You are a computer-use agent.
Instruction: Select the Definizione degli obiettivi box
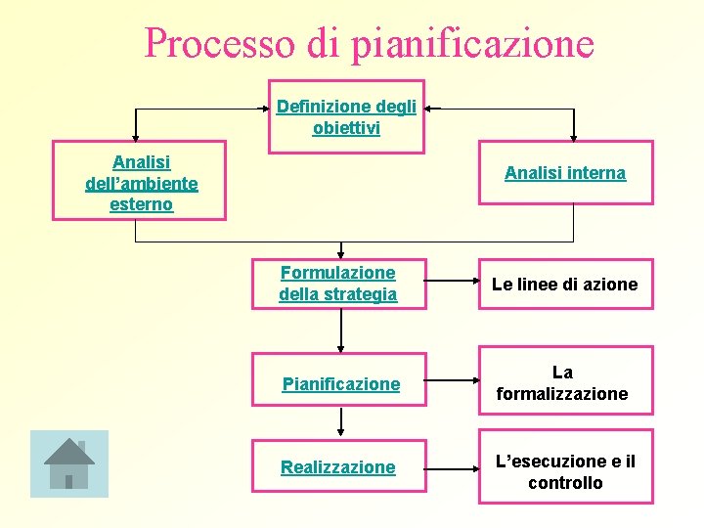(346, 117)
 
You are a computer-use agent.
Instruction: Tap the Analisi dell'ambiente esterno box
(141, 183)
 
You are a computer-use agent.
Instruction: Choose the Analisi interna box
(565, 173)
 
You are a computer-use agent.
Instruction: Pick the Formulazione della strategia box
(338, 284)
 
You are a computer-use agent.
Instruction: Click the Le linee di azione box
(565, 285)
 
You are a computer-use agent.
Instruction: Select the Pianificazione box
(340, 384)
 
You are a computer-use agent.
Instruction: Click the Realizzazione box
(338, 467)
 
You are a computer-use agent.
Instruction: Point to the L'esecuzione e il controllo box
(565, 472)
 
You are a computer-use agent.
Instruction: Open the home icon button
(68, 462)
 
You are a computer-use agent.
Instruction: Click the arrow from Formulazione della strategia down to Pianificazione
(340, 330)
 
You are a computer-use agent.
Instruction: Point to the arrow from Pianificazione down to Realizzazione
(340, 421)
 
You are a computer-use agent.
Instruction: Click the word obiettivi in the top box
(346, 128)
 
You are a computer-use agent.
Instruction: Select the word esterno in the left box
(142, 204)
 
